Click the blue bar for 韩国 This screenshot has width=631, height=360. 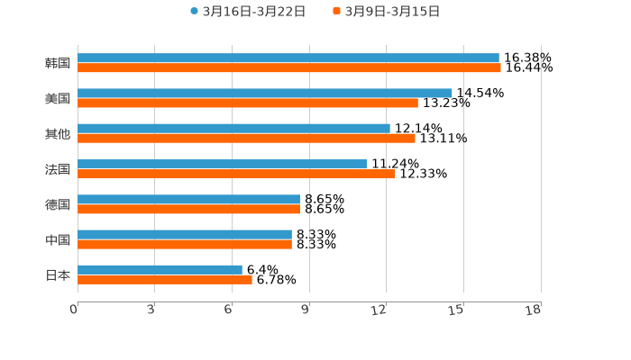click(288, 58)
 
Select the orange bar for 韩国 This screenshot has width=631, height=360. click(289, 67)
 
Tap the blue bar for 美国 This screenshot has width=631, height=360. click(265, 93)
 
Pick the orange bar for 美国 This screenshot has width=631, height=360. click(248, 103)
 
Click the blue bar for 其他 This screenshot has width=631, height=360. click(234, 129)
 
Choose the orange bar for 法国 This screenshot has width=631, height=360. click(237, 174)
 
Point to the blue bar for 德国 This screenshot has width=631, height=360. click(189, 199)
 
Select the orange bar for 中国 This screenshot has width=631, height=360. click(185, 244)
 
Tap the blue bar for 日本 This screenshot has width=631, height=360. click(160, 269)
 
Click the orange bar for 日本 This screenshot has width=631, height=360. click(165, 279)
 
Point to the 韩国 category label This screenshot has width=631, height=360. click(58, 63)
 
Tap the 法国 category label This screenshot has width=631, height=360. click(58, 169)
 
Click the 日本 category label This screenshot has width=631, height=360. click(58, 274)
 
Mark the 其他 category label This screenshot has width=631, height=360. click(58, 133)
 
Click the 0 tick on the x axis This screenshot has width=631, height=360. click(74, 310)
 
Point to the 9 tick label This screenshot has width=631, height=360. click(306, 310)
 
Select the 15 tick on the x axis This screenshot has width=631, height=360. click(457, 310)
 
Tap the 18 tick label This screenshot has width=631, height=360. click(534, 310)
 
